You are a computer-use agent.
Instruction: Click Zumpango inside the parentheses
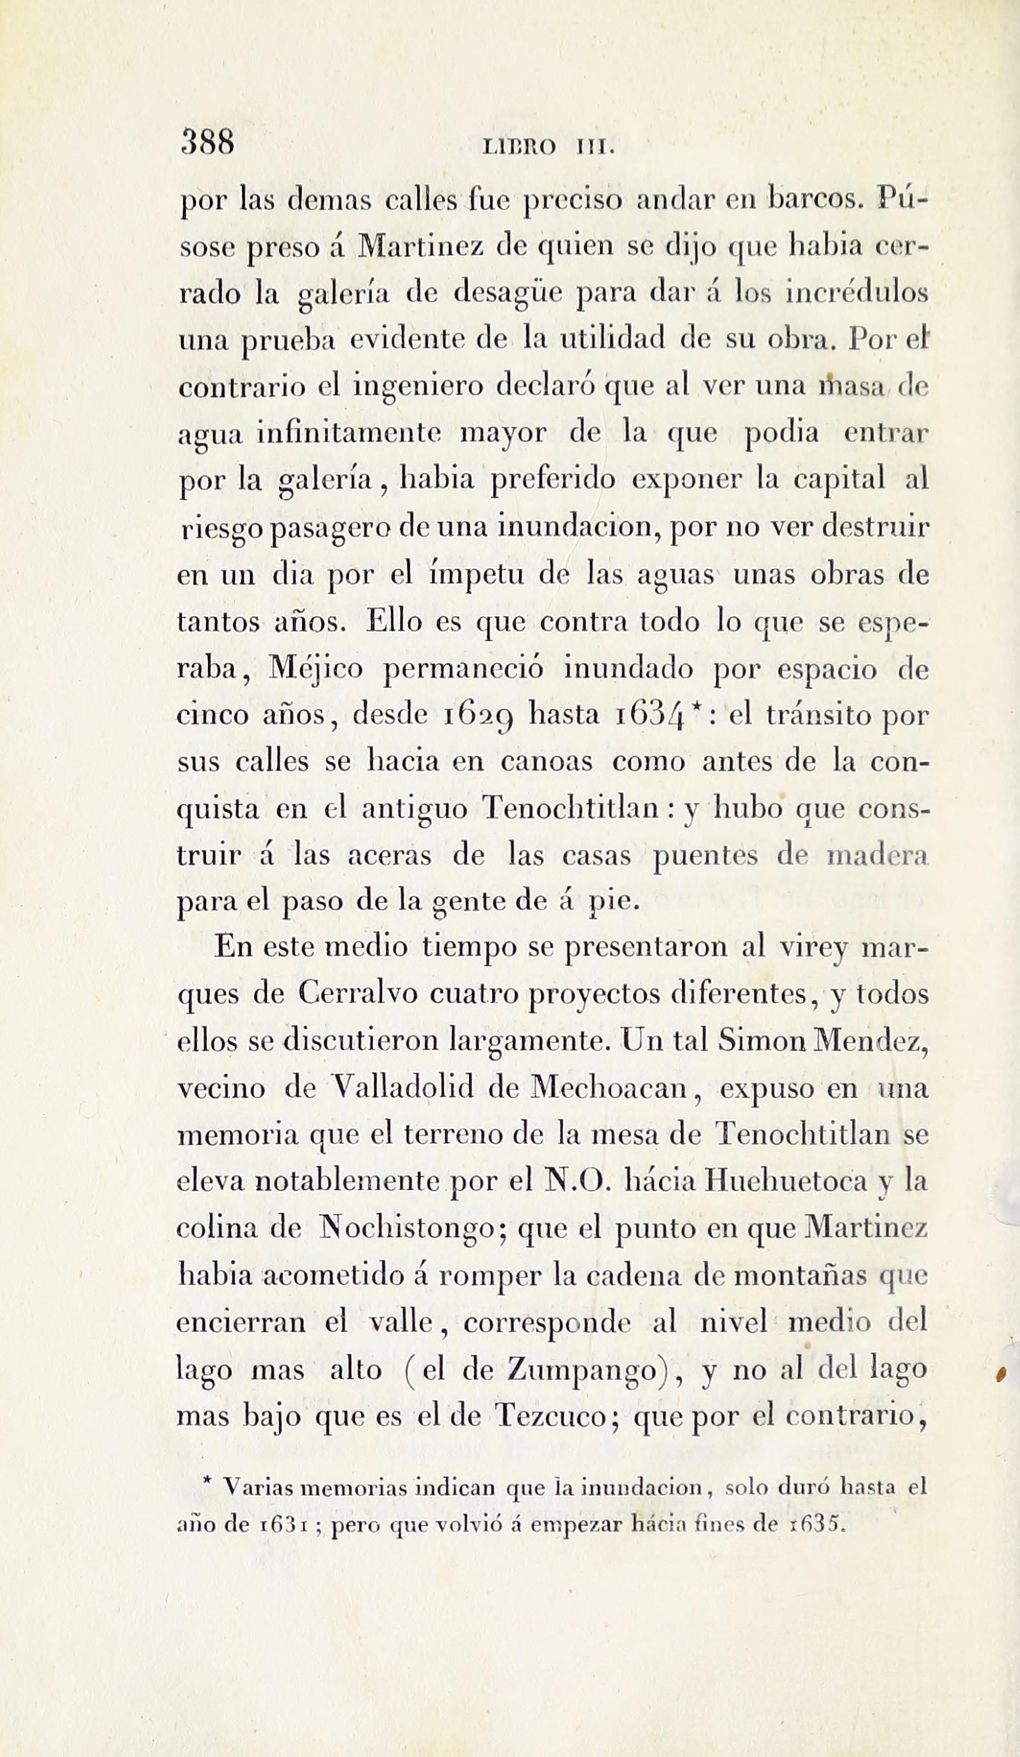click(580, 1371)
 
